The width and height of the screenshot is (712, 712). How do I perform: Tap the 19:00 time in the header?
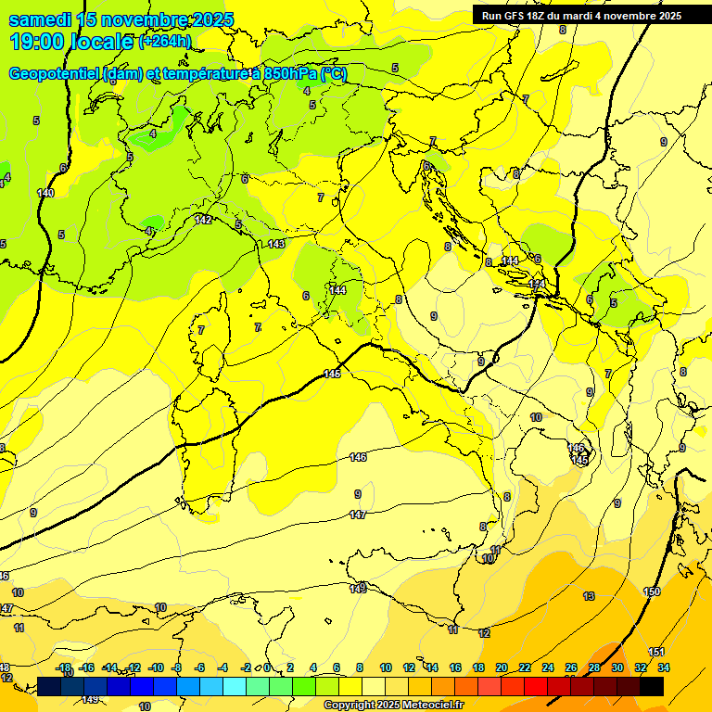(x=34, y=42)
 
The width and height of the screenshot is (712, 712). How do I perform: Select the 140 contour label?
(x=45, y=193)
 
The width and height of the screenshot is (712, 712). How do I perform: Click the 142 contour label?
(x=204, y=220)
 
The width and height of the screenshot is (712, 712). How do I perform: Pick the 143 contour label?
(x=275, y=244)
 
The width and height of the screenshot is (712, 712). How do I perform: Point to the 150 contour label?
(x=652, y=591)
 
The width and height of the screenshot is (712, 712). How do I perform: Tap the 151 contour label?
(x=656, y=652)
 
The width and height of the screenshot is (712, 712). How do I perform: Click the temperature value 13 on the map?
(x=588, y=595)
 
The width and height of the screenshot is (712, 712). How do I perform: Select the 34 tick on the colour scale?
(x=664, y=667)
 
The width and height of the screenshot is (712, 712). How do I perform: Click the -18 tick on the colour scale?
(x=63, y=667)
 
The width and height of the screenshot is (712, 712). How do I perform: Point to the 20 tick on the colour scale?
(x=502, y=667)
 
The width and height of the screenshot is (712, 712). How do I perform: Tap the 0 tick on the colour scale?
(x=267, y=667)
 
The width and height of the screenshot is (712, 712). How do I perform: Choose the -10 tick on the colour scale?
(x=156, y=667)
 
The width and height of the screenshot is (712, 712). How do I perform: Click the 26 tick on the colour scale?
(x=571, y=667)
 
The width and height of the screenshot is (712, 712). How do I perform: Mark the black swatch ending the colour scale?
(x=652, y=686)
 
